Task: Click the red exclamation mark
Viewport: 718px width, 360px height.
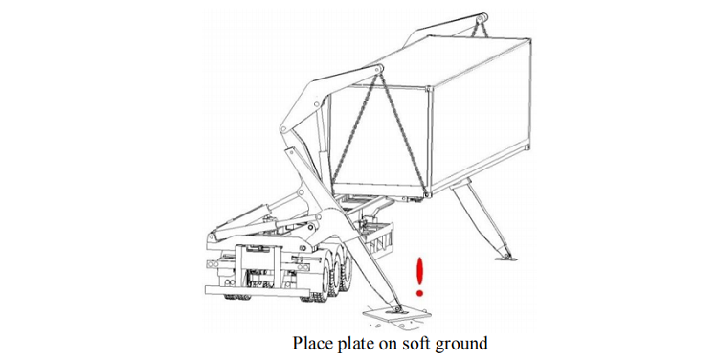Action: [x=419, y=276]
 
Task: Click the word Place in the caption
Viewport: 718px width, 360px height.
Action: [x=313, y=343]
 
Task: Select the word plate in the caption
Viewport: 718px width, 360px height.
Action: [x=355, y=344]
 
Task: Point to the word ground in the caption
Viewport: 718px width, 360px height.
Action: [x=461, y=345]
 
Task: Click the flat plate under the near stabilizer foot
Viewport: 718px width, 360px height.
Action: [x=396, y=315]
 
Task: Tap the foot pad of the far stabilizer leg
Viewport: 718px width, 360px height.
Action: [x=505, y=258]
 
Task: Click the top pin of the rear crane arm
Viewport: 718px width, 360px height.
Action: [x=481, y=19]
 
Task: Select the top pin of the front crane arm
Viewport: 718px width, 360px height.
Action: [x=378, y=70]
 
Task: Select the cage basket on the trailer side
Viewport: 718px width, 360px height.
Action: [x=377, y=236]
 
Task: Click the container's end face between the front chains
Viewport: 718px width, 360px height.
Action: [x=380, y=138]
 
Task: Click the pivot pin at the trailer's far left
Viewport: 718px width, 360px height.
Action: [x=212, y=237]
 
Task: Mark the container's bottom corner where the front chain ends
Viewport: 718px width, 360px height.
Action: [x=427, y=194]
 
